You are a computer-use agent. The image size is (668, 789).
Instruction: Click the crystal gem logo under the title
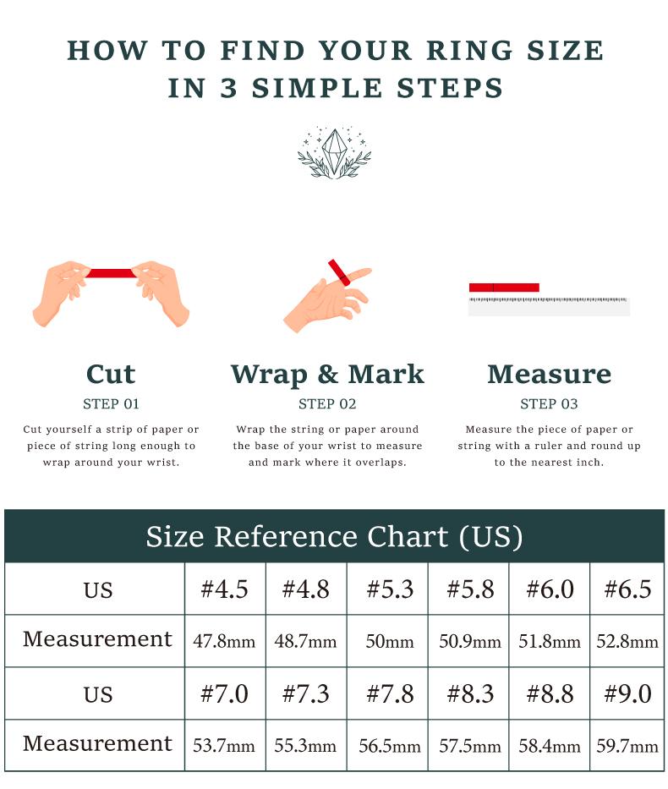[334, 152]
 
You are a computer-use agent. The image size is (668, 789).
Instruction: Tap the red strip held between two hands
[111, 273]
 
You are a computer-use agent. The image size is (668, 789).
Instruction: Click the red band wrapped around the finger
[339, 272]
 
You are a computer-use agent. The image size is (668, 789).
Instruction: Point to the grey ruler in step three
[549, 306]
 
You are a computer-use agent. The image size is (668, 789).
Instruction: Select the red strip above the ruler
[504, 288]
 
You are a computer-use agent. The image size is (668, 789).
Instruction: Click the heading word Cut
[111, 374]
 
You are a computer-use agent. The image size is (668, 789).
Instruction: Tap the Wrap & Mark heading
[327, 375]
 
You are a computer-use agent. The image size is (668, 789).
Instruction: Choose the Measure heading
[550, 374]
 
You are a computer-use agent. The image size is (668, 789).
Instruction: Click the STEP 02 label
[327, 404]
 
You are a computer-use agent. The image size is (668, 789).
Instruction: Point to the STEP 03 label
[550, 404]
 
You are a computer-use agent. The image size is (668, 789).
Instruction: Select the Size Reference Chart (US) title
[335, 536]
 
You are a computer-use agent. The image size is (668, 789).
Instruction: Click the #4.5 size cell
[224, 589]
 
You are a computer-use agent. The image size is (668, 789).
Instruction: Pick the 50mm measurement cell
[389, 641]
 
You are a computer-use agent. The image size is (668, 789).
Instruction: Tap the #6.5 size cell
[627, 589]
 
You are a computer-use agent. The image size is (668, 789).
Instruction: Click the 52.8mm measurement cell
[627, 641]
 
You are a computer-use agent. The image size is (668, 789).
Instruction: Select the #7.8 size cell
[389, 693]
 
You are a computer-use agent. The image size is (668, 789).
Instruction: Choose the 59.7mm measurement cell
[627, 745]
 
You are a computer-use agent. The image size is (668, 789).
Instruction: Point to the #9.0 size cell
[627, 693]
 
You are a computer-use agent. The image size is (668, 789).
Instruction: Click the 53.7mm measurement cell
[224, 745]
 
